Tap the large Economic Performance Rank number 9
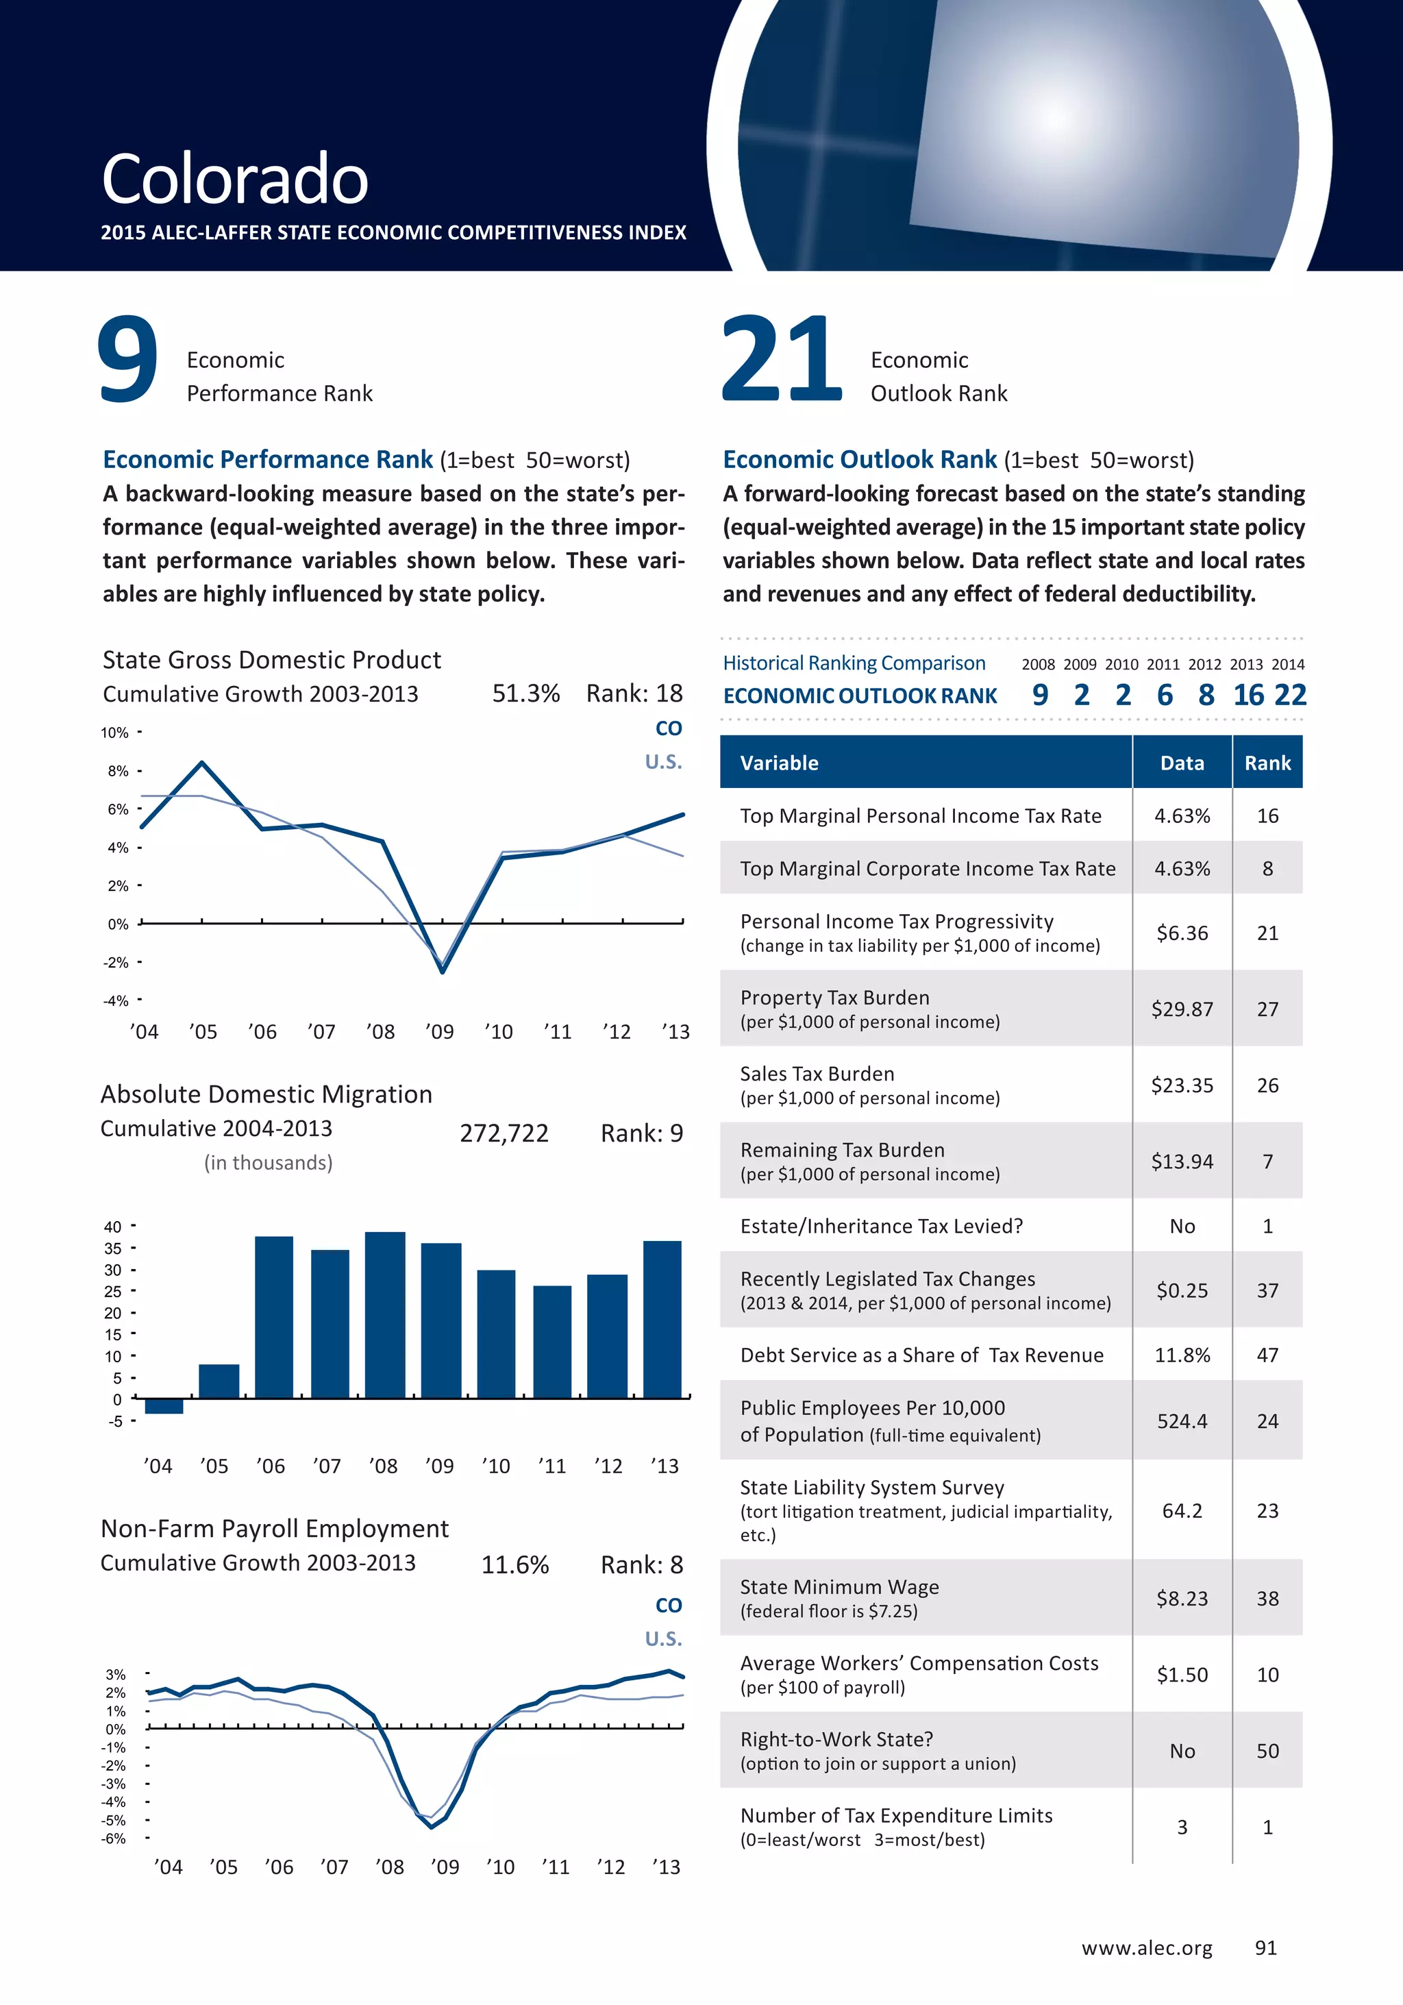pyautogui.click(x=127, y=360)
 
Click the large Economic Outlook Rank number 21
pyautogui.click(x=782, y=360)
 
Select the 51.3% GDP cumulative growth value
pyautogui.click(x=525, y=693)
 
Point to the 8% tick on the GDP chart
pyautogui.click(x=119, y=771)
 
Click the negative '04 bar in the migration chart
pyautogui.click(x=164, y=1406)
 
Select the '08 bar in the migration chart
pyautogui.click(x=385, y=1314)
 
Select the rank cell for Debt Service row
pyautogui.click(x=1267, y=1355)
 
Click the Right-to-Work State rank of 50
pyautogui.click(x=1267, y=1751)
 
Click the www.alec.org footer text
pyautogui.click(x=1146, y=1948)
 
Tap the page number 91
pyautogui.click(x=1265, y=1948)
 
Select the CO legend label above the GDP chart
pyautogui.click(x=668, y=728)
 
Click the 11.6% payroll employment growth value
pyautogui.click(x=515, y=1565)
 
